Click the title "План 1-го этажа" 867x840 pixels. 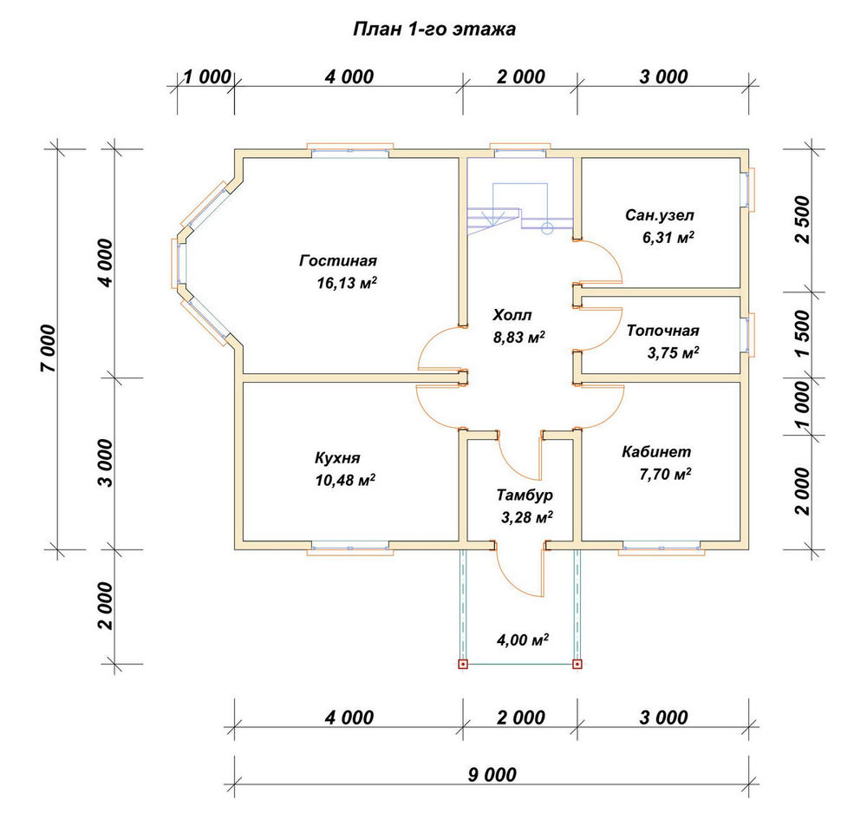pos(434,29)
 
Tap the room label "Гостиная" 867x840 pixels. pos(338,260)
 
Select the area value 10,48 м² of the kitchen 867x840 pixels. pos(345,480)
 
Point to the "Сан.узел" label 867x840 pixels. pos(660,215)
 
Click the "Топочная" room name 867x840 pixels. pos(663,331)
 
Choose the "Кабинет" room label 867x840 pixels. pos(656,451)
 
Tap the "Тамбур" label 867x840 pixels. pos(525,495)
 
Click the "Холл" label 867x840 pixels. pos(512,315)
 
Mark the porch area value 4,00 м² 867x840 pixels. pos(523,640)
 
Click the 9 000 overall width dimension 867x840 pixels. pos(492,775)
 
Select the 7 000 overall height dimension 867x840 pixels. pos(49,348)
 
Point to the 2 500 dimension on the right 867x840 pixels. pos(802,220)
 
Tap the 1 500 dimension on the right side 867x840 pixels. pos(802,334)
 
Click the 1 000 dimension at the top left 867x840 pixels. pos(207,77)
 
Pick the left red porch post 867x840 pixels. pos(463,664)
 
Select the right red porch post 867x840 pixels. pos(577,664)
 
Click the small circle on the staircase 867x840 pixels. pos(547,227)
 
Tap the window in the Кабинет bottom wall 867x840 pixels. pos(662,548)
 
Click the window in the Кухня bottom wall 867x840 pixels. pos(350,548)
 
